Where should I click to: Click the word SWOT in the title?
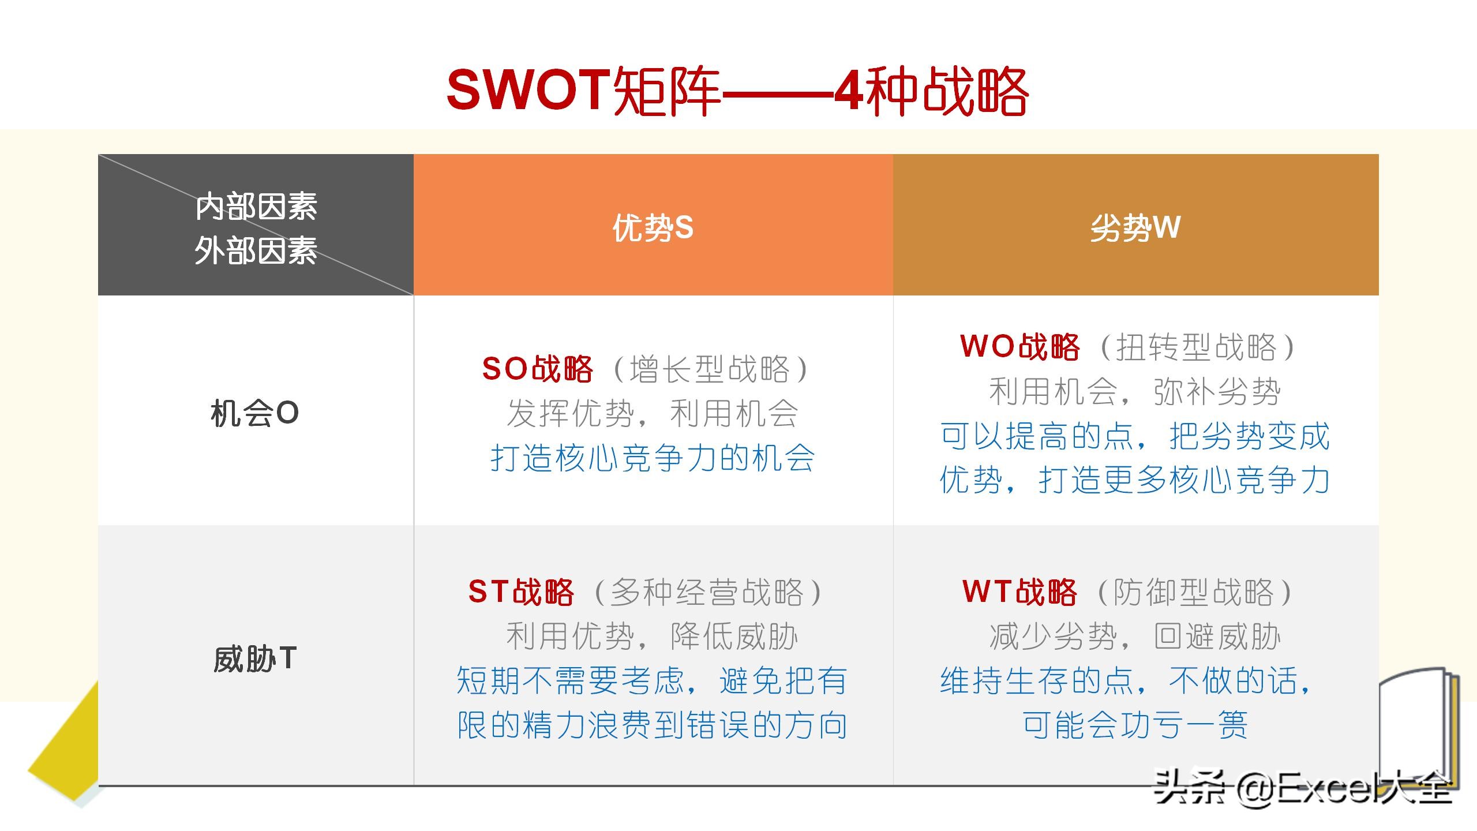click(528, 89)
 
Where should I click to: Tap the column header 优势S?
click(653, 227)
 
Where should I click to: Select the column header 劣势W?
click(1135, 227)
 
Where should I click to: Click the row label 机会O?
click(255, 413)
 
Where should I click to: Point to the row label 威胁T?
click(255, 658)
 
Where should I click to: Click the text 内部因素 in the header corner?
click(256, 207)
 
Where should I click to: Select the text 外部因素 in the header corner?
click(256, 251)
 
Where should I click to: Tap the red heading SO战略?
click(537, 369)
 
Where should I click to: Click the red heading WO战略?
click(1019, 346)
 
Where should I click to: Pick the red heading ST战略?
click(521, 592)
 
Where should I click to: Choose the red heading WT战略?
click(1019, 592)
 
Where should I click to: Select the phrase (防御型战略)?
click(1195, 592)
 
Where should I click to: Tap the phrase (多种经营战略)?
click(708, 592)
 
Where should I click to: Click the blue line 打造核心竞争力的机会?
click(653, 458)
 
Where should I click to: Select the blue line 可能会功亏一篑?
click(1135, 725)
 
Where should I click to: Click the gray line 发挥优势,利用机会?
click(653, 413)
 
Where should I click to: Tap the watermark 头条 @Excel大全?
click(1302, 787)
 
